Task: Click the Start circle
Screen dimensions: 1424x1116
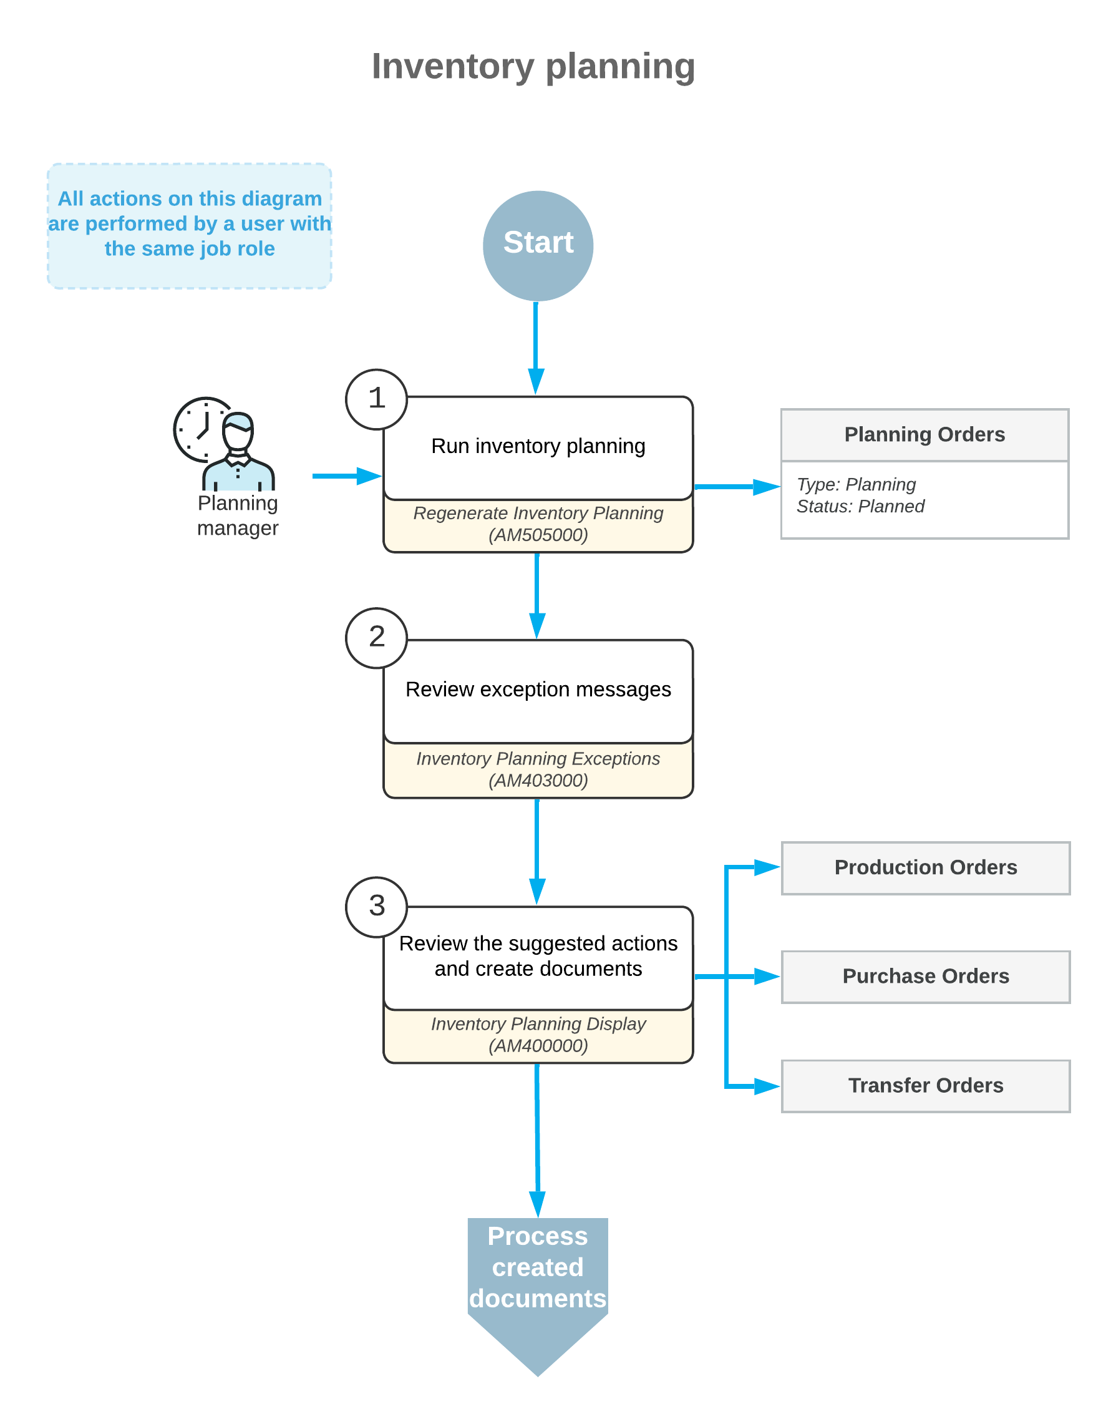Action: click(538, 246)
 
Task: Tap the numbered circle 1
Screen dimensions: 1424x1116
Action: click(376, 399)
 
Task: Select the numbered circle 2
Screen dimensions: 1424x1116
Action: click(376, 638)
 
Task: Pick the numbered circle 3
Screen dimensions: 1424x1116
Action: click(376, 907)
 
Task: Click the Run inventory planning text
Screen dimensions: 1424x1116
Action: click(538, 446)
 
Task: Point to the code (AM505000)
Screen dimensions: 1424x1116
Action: click(538, 535)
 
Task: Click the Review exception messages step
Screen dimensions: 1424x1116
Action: click(538, 690)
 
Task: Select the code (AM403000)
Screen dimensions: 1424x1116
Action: click(538, 780)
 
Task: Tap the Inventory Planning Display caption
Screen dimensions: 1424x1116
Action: click(538, 1024)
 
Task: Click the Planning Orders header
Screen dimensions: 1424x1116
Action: click(924, 434)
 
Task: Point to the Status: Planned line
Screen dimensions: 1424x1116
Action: click(860, 507)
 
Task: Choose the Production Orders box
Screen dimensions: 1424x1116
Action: click(925, 867)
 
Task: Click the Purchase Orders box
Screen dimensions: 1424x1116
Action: click(925, 977)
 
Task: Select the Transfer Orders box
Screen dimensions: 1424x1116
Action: click(925, 1086)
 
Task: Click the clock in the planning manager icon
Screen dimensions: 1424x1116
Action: click(198, 429)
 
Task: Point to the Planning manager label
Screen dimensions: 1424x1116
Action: click(238, 515)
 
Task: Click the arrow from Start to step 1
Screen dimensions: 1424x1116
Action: click(536, 346)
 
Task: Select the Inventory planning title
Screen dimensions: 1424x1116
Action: click(533, 66)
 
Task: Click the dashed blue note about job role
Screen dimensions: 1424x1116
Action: click(190, 225)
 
